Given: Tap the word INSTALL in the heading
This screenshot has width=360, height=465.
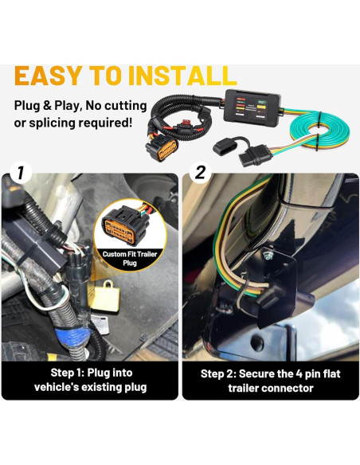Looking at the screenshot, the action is [x=182, y=76].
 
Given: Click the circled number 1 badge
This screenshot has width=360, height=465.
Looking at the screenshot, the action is [x=20, y=173].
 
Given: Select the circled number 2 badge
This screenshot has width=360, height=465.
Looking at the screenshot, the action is [x=201, y=172].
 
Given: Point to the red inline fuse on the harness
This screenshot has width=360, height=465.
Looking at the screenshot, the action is [x=186, y=122].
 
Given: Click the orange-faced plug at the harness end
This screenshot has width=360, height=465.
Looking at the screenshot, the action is [x=162, y=147].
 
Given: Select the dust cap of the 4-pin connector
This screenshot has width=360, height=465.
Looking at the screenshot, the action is [x=225, y=147].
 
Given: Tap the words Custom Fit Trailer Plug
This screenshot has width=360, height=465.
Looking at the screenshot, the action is [x=130, y=258].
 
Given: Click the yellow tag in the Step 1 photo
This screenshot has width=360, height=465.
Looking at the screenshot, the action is [x=106, y=296].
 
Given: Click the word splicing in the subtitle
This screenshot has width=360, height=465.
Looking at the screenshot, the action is [x=51, y=123].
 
